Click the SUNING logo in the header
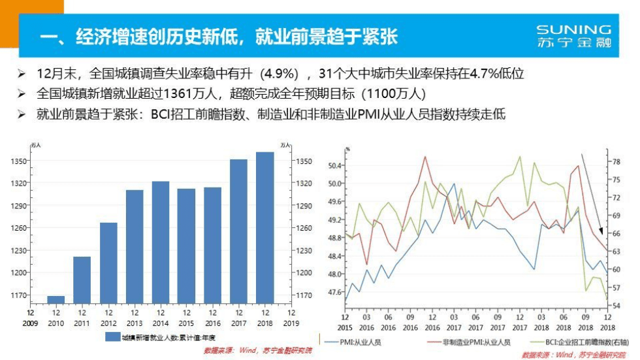(573, 37)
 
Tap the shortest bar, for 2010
(56, 299)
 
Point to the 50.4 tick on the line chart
(334, 166)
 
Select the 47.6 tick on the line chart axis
(334, 292)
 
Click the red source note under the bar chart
(258, 351)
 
